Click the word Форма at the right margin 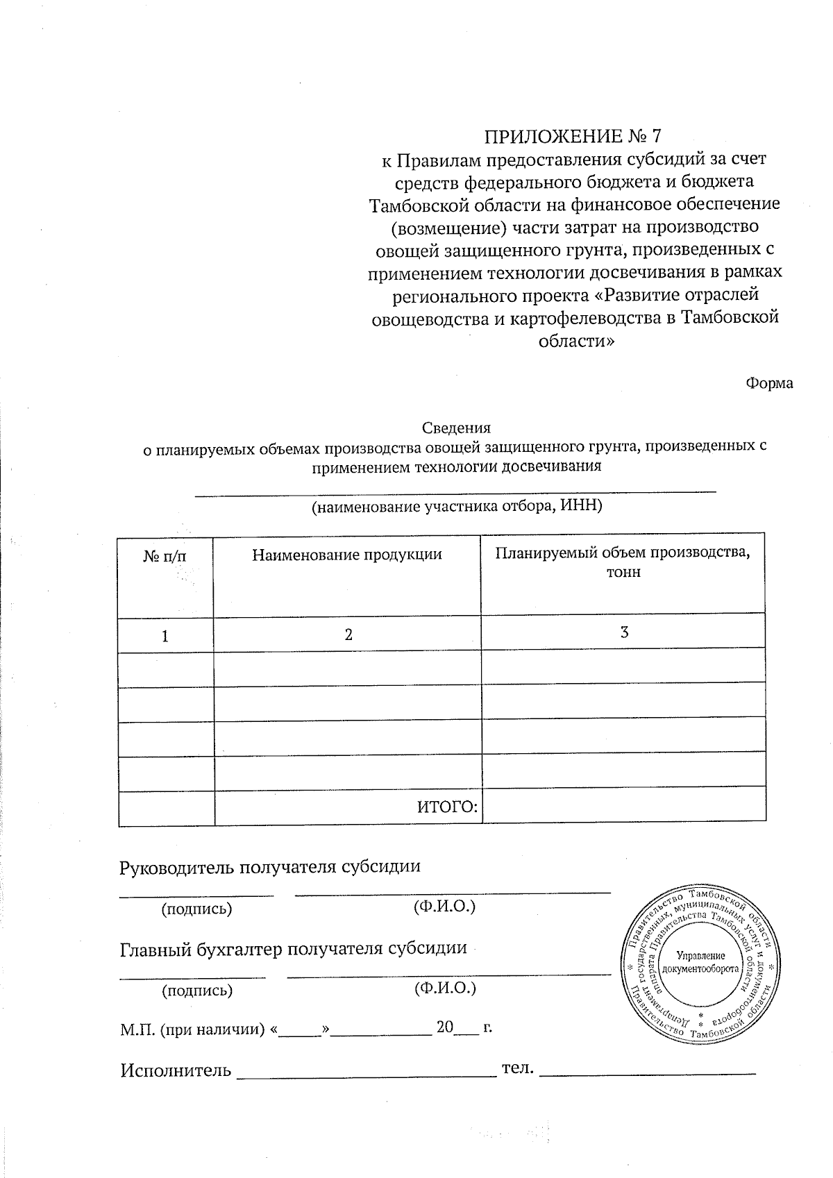pos(769,383)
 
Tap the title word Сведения pos(456,428)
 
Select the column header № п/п pos(165,556)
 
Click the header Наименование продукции pos(346,555)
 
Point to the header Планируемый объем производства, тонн pos(623,562)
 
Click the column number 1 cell pos(165,636)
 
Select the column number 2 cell pos(348,634)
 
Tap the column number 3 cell pos(624,632)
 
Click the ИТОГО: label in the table pos(448,807)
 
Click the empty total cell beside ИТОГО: pos(623,805)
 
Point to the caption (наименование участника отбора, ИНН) pos(456,506)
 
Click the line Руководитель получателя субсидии pos(270,867)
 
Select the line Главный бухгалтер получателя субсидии pos(293,949)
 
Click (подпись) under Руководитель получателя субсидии pos(196,909)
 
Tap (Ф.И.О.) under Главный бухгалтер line pos(444,988)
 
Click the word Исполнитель pos(176,1070)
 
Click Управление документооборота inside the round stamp pos(700,962)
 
